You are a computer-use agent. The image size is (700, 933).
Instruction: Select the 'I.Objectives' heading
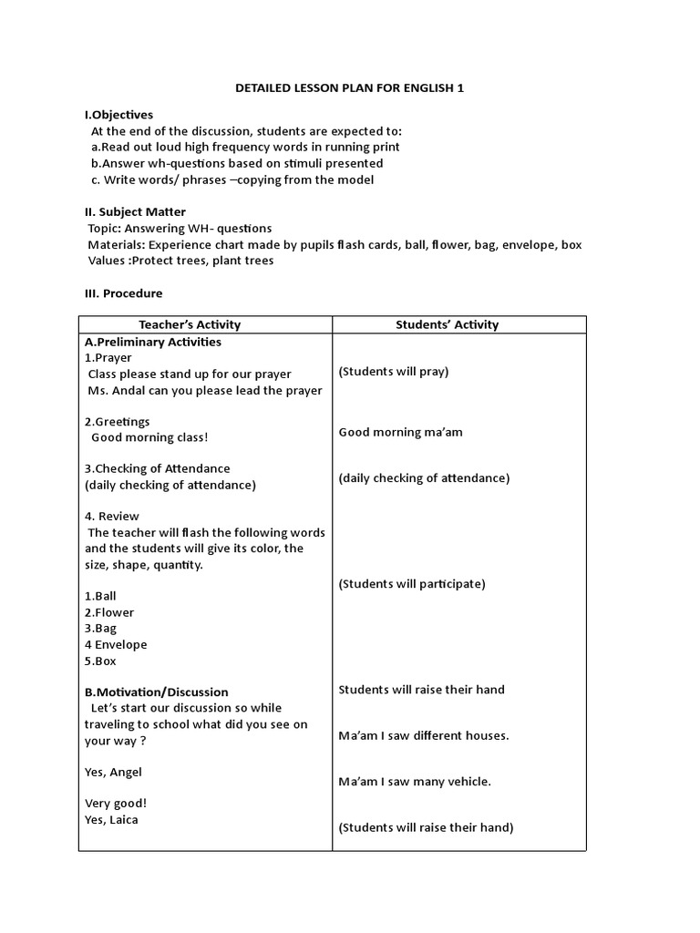tap(118, 115)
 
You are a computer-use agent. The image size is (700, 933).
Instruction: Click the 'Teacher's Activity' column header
tap(190, 324)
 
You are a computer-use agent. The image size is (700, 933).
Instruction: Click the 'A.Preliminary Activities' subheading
tap(152, 342)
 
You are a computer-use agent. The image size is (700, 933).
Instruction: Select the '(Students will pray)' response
tap(394, 371)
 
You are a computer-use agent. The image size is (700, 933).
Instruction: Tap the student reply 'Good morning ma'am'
tap(400, 432)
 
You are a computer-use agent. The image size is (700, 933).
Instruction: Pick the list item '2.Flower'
tap(108, 612)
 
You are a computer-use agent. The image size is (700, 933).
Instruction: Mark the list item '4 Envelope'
tap(116, 645)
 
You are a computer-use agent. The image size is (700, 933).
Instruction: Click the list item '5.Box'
tap(100, 661)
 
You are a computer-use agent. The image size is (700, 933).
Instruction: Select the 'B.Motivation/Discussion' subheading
tap(156, 692)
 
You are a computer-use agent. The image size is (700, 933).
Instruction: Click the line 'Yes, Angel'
tap(113, 773)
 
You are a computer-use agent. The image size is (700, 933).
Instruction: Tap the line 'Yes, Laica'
tap(112, 819)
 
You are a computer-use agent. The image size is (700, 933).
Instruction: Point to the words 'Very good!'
tap(116, 803)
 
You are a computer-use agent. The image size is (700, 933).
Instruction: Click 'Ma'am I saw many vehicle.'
tap(415, 781)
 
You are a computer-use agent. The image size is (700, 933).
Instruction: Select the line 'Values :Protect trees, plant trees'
tap(180, 261)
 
